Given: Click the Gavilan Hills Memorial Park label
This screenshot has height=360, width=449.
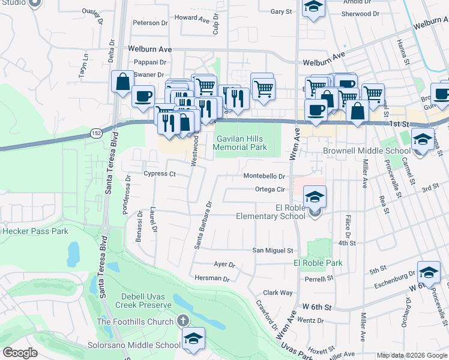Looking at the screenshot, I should (241, 143).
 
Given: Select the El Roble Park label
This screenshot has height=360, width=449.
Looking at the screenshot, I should (318, 263).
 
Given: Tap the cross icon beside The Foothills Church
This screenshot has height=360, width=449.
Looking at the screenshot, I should (184, 322).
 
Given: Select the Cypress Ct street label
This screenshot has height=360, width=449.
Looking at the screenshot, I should (160, 174).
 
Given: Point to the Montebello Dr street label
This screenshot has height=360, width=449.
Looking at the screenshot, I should (264, 176).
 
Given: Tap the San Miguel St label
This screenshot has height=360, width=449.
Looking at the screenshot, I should (273, 250).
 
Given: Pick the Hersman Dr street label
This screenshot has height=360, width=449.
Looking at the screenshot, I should (212, 278).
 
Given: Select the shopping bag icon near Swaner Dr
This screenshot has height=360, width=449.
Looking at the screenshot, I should (122, 82).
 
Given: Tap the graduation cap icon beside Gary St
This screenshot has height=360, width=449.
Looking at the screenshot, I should (313, 8).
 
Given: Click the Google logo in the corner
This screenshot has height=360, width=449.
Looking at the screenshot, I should (20, 353).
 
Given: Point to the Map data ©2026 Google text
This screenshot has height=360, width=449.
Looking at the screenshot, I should (412, 355).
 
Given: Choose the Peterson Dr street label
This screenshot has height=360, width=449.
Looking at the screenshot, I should (150, 23).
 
